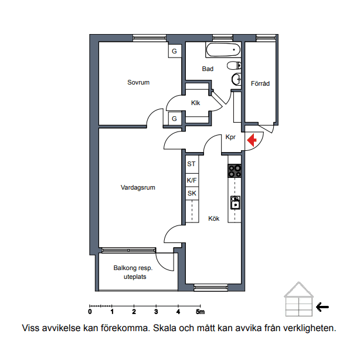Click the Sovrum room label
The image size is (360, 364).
click(x=138, y=82)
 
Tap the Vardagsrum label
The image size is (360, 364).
click(x=138, y=187)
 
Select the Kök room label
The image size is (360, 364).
click(x=214, y=218)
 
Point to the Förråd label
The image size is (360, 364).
click(x=260, y=83)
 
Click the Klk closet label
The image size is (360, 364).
click(x=195, y=103)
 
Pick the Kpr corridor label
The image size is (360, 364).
click(x=230, y=137)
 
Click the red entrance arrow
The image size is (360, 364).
click(x=252, y=140)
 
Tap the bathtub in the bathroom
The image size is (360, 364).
click(x=223, y=50)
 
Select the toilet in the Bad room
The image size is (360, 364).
click(x=234, y=66)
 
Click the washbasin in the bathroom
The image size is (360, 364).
click(x=236, y=79)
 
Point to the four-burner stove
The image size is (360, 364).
click(x=235, y=171)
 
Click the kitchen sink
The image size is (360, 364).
click(x=235, y=203)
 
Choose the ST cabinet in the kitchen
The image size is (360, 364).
click(x=192, y=164)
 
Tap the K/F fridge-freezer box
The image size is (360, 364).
click(x=192, y=180)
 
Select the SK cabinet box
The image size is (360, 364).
click(x=192, y=193)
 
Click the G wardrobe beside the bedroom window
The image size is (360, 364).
click(x=174, y=51)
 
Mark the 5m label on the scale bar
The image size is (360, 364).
click(x=201, y=312)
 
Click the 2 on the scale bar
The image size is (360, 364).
click(x=134, y=312)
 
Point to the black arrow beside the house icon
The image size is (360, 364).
click(x=322, y=307)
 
